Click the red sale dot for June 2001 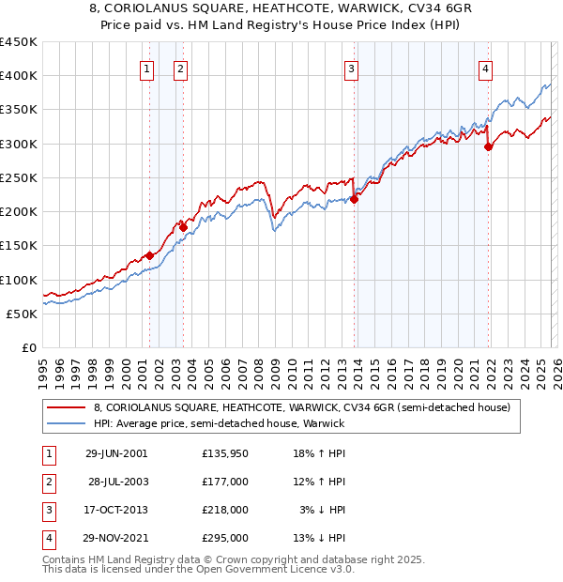[149, 255]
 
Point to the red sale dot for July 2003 [184, 227]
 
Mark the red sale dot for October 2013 [354, 199]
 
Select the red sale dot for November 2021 [489, 146]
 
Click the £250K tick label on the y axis [18, 177]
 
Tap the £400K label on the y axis [18, 76]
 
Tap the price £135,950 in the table [226, 453]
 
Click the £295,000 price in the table [226, 538]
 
